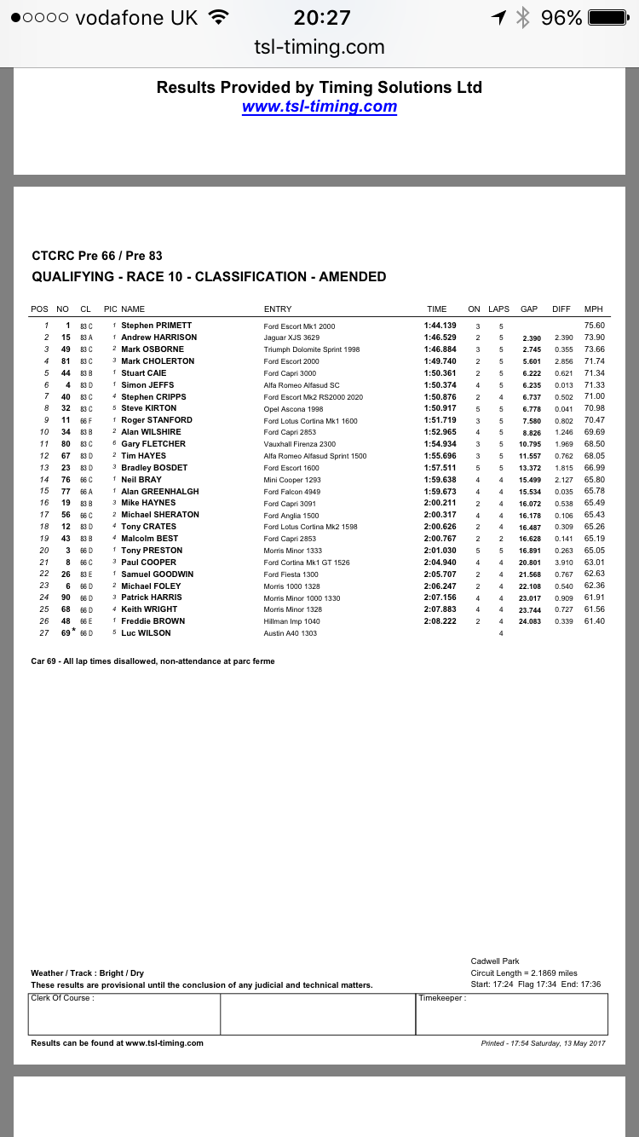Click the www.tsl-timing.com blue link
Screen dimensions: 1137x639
319,107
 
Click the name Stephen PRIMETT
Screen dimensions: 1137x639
156,326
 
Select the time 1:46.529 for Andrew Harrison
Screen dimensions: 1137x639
441,338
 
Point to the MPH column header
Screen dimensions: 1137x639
593,309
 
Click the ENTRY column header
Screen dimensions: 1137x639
278,309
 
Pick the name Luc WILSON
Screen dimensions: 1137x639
146,633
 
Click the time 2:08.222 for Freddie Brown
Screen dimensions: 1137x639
441,621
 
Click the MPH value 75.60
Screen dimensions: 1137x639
594,326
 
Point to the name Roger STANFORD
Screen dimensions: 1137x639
156,420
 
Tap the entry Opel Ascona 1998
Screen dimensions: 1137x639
293,408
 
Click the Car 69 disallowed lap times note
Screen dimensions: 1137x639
153,661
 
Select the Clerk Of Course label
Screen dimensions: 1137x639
62,998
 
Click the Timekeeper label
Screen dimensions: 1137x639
442,998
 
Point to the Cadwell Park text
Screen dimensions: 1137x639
495,961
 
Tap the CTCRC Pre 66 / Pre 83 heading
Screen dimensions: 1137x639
96,256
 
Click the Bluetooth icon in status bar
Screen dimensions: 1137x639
523,18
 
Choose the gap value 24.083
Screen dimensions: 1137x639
531,621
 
